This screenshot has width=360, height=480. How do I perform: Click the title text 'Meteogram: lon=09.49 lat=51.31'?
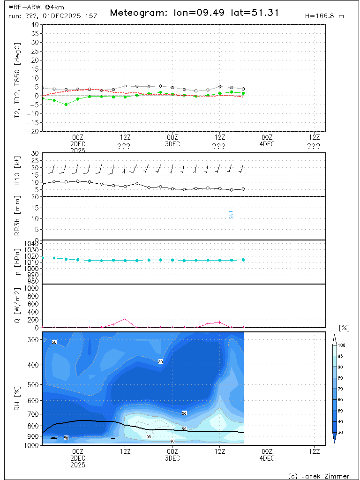194,13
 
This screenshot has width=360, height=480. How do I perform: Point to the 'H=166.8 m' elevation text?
324,16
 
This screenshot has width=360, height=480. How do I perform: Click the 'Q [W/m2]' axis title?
18,306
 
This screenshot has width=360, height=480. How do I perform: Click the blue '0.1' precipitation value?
231,215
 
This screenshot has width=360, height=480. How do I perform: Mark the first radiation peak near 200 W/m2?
125,319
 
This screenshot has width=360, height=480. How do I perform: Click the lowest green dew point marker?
66,105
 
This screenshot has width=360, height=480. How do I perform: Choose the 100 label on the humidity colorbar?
342,345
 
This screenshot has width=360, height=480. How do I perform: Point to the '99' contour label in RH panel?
148,437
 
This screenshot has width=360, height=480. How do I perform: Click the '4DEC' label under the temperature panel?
267,144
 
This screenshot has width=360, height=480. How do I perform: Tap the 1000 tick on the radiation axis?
31,288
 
